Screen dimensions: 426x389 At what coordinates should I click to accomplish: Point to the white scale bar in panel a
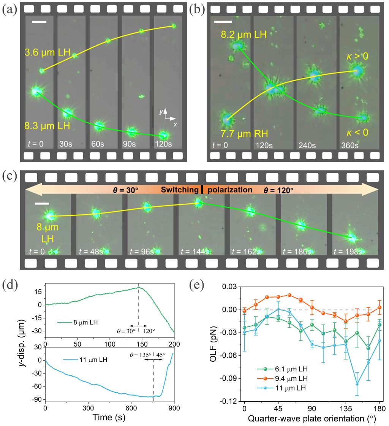pos(39,22)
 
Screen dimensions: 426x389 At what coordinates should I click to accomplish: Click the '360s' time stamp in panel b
pos(349,145)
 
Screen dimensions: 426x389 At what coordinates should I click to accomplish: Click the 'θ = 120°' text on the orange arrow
pos(278,189)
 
